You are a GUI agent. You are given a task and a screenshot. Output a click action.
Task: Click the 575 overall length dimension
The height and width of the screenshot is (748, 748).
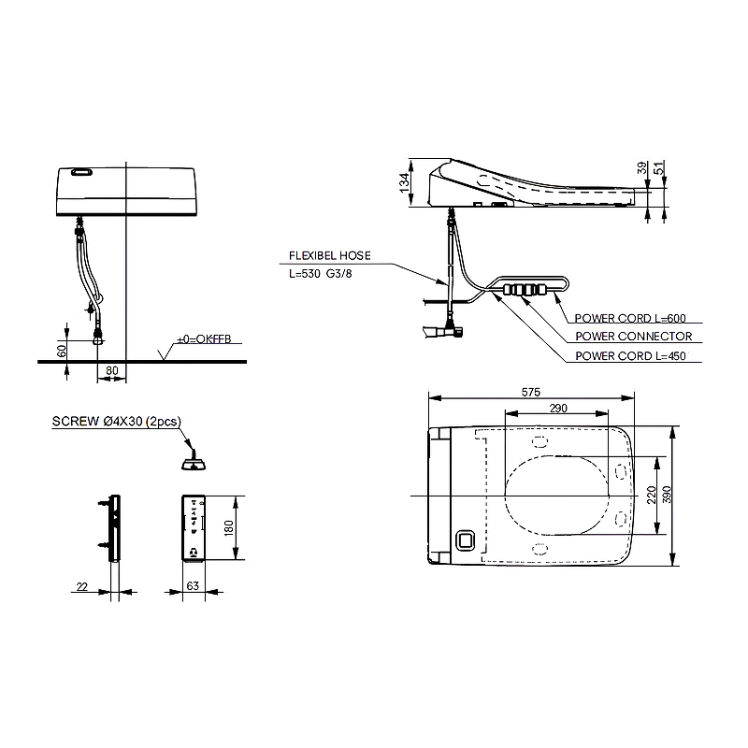530,392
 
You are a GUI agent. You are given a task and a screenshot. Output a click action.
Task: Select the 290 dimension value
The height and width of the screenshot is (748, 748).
558,409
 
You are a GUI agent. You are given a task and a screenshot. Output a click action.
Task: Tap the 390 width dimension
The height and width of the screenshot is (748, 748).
667,495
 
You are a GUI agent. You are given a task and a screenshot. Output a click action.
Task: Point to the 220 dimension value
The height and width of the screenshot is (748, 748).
652,496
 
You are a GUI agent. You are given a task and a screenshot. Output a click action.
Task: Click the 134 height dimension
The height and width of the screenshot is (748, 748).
404,182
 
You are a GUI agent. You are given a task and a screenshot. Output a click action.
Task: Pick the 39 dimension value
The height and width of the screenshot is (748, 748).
642,168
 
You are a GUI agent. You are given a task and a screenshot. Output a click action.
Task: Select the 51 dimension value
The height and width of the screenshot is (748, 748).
659,168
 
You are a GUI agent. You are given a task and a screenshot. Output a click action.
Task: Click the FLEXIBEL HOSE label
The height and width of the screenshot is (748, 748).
330,255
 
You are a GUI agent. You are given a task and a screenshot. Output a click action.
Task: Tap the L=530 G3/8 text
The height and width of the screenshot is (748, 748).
321,274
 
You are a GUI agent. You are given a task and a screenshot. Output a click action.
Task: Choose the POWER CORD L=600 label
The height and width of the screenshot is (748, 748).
630,318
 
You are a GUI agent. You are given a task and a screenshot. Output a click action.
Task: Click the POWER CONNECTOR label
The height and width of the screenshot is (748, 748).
634,337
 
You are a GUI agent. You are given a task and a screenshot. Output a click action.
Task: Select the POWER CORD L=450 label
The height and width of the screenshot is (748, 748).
630,356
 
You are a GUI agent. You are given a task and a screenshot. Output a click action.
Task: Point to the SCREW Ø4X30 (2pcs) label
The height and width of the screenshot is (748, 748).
116,422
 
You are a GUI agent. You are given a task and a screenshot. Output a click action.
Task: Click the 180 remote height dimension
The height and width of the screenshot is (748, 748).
228,527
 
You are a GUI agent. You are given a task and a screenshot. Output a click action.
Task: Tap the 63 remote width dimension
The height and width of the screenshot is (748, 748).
193,586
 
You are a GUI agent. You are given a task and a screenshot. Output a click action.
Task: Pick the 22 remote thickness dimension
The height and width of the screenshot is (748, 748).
82,586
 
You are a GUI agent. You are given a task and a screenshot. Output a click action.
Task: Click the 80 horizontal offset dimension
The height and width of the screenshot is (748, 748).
111,370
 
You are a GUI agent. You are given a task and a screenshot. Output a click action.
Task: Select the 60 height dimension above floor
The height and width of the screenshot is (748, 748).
62,352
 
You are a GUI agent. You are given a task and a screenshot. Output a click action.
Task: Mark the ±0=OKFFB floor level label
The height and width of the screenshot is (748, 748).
204,339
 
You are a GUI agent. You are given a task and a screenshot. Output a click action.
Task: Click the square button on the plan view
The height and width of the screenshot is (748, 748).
466,540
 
